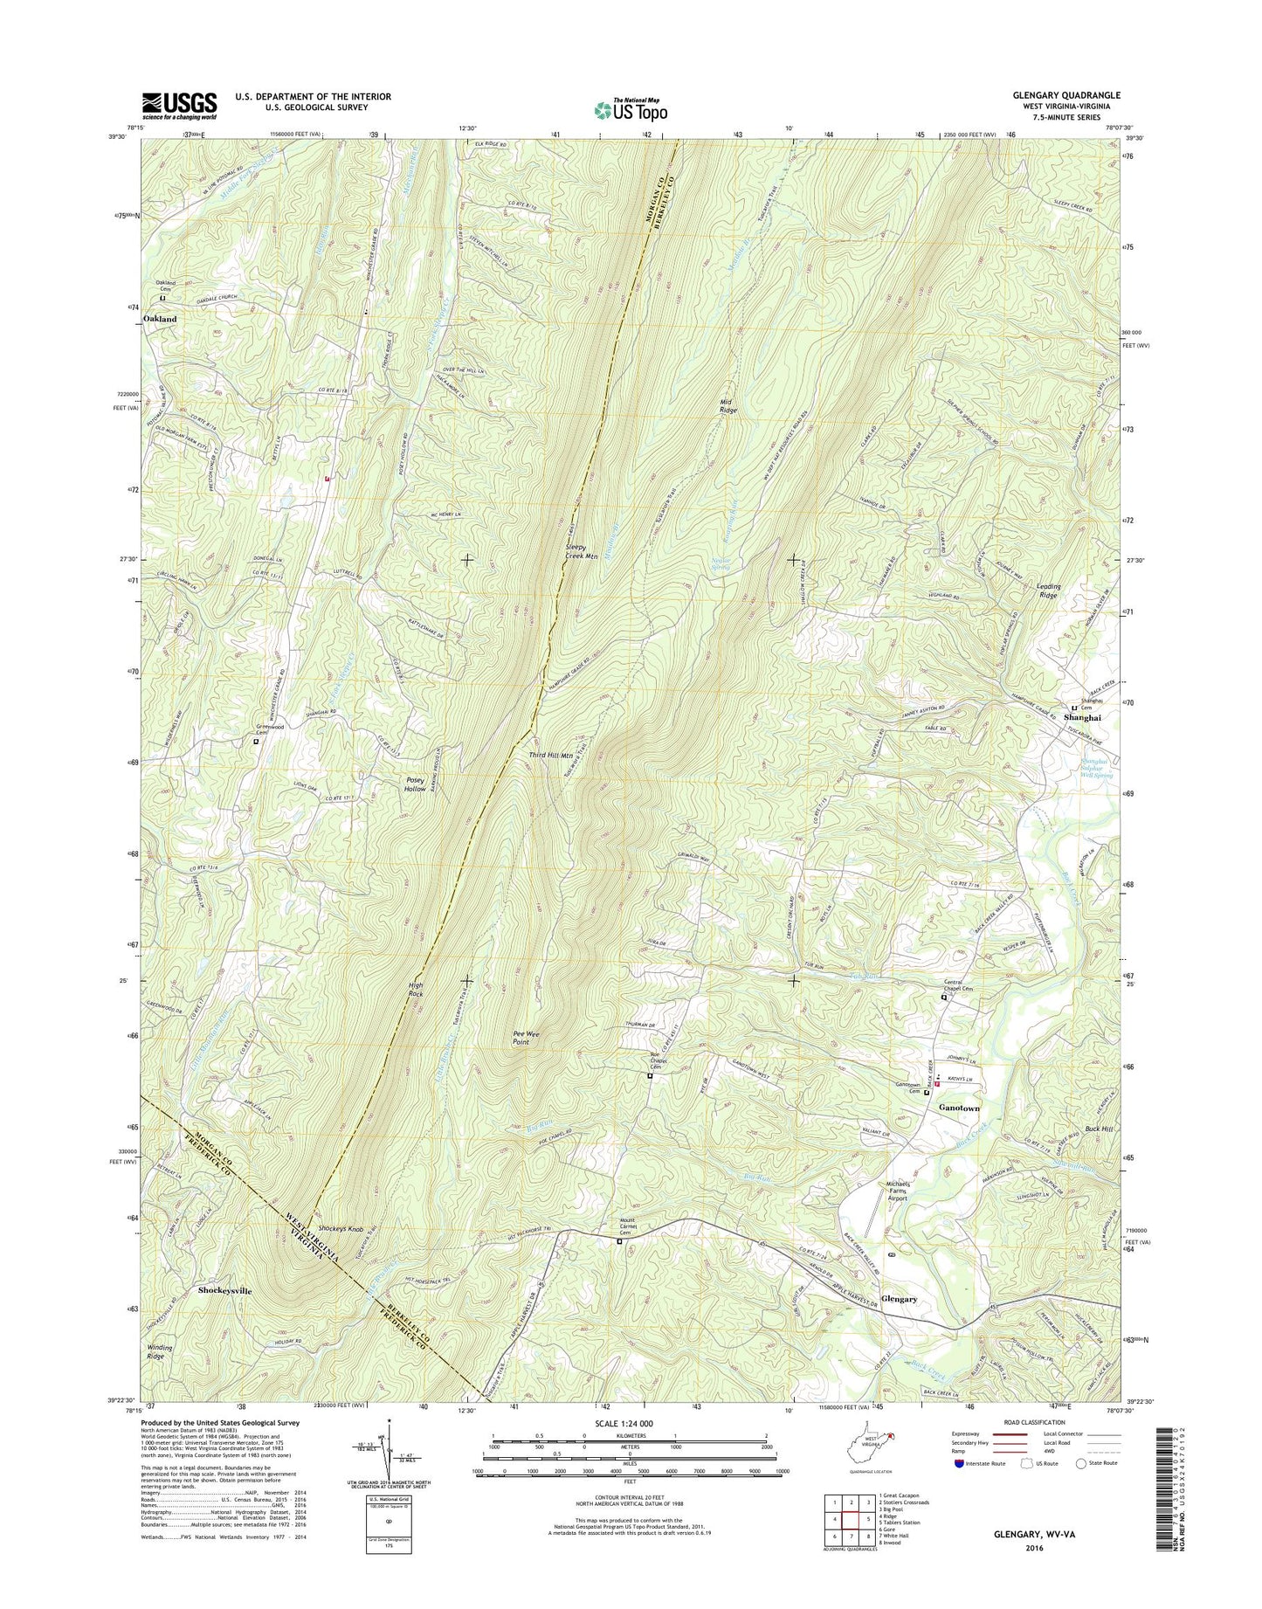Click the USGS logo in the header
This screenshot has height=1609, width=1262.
(x=179, y=106)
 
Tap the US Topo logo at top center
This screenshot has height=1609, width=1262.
(x=631, y=109)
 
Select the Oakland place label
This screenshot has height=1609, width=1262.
(x=160, y=319)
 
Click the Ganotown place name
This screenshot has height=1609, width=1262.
(x=959, y=1108)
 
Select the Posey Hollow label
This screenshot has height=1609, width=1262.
(x=415, y=784)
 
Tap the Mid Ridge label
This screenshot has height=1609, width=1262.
(x=728, y=404)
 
